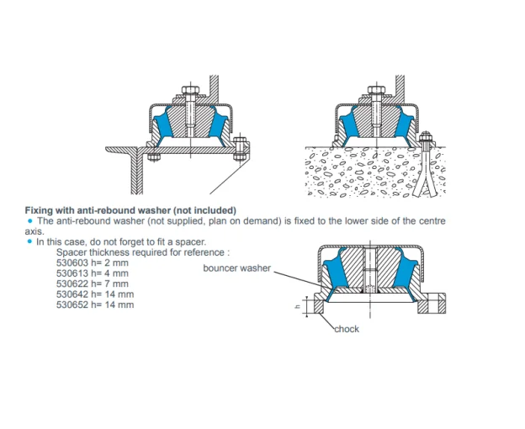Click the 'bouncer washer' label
coord(236,267)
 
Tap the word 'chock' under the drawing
coord(347,328)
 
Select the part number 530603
coord(72,263)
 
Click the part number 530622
coord(72,283)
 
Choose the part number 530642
coord(72,294)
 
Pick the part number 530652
coord(72,305)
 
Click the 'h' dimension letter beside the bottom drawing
coord(309,306)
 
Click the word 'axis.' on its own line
coord(32,230)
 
